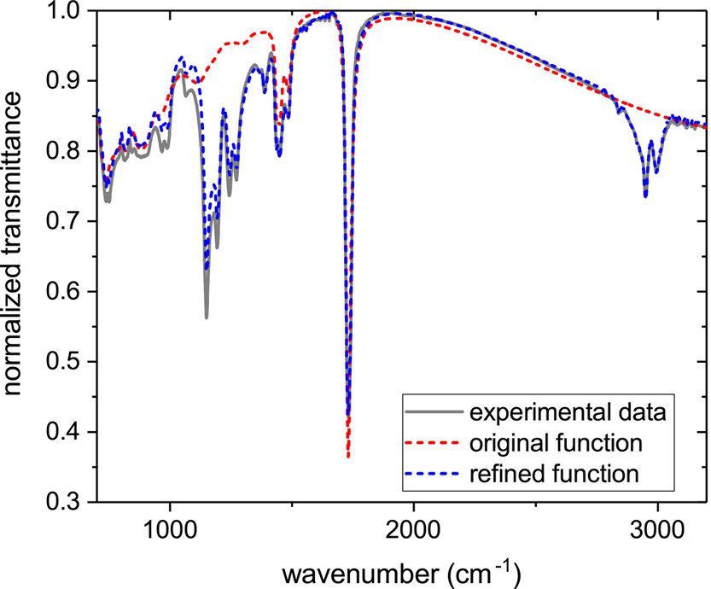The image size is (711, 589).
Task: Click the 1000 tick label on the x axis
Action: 171,524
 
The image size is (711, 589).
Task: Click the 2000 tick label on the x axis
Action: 414,524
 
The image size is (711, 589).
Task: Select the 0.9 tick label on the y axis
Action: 73,81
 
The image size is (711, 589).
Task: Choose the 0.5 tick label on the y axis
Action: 73,362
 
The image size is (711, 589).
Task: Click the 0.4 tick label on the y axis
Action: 73,432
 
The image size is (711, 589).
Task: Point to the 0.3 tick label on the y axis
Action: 73,502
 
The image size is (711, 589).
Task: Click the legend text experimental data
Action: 567,415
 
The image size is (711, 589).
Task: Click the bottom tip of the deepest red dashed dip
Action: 348,458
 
